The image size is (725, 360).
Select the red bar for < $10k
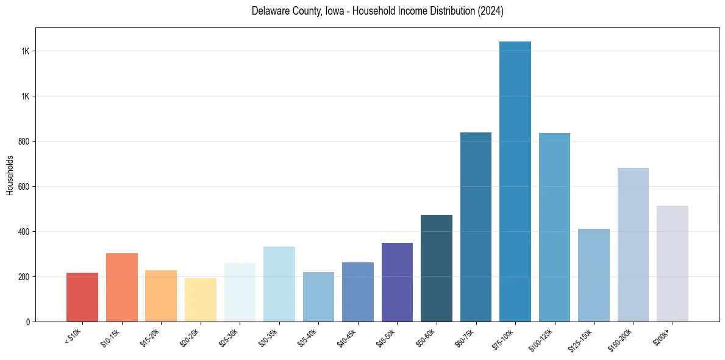(x=82, y=297)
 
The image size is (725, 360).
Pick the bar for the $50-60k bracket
(x=437, y=268)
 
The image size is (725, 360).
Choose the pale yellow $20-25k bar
(x=201, y=300)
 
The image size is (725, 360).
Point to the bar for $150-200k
(x=633, y=245)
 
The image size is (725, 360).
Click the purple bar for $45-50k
(x=397, y=282)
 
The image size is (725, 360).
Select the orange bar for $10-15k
(x=122, y=287)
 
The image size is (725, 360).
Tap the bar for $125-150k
(x=594, y=275)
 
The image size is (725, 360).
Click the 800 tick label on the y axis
(x=24, y=142)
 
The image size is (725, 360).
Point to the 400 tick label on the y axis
(x=24, y=232)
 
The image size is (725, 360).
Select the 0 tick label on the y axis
(x=28, y=322)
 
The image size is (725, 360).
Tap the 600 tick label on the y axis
(x=24, y=187)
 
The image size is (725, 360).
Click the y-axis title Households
(x=10, y=175)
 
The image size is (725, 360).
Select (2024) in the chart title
(x=491, y=11)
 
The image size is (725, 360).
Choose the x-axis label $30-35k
(x=270, y=338)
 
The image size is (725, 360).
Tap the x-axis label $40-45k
(x=348, y=338)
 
